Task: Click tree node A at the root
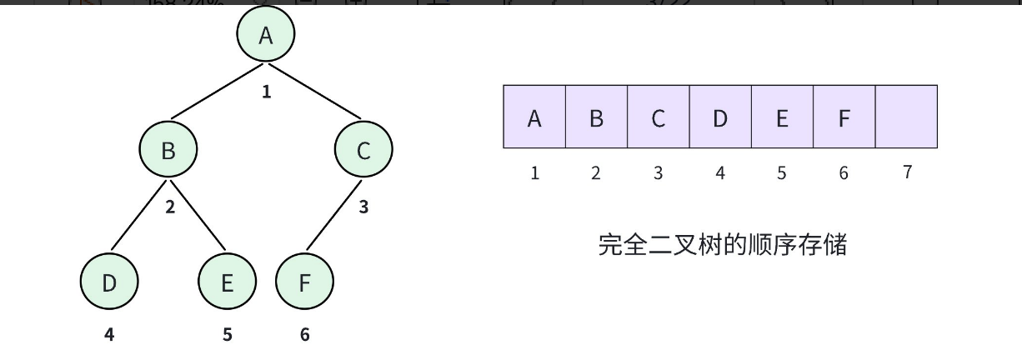[266, 35]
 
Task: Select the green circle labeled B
[168, 150]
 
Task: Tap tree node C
[363, 150]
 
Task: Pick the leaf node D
[109, 282]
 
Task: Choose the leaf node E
[227, 282]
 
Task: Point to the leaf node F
[304, 282]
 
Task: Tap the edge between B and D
[139, 216]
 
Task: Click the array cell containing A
[534, 117]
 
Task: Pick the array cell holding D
[720, 117]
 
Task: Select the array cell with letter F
[844, 117]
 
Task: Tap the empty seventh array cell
[906, 117]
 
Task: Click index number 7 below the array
[907, 172]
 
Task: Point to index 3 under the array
[658, 173]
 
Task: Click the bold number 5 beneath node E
[227, 335]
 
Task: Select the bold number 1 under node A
[266, 92]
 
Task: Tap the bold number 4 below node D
[109, 335]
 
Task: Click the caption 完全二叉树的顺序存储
[723, 245]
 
